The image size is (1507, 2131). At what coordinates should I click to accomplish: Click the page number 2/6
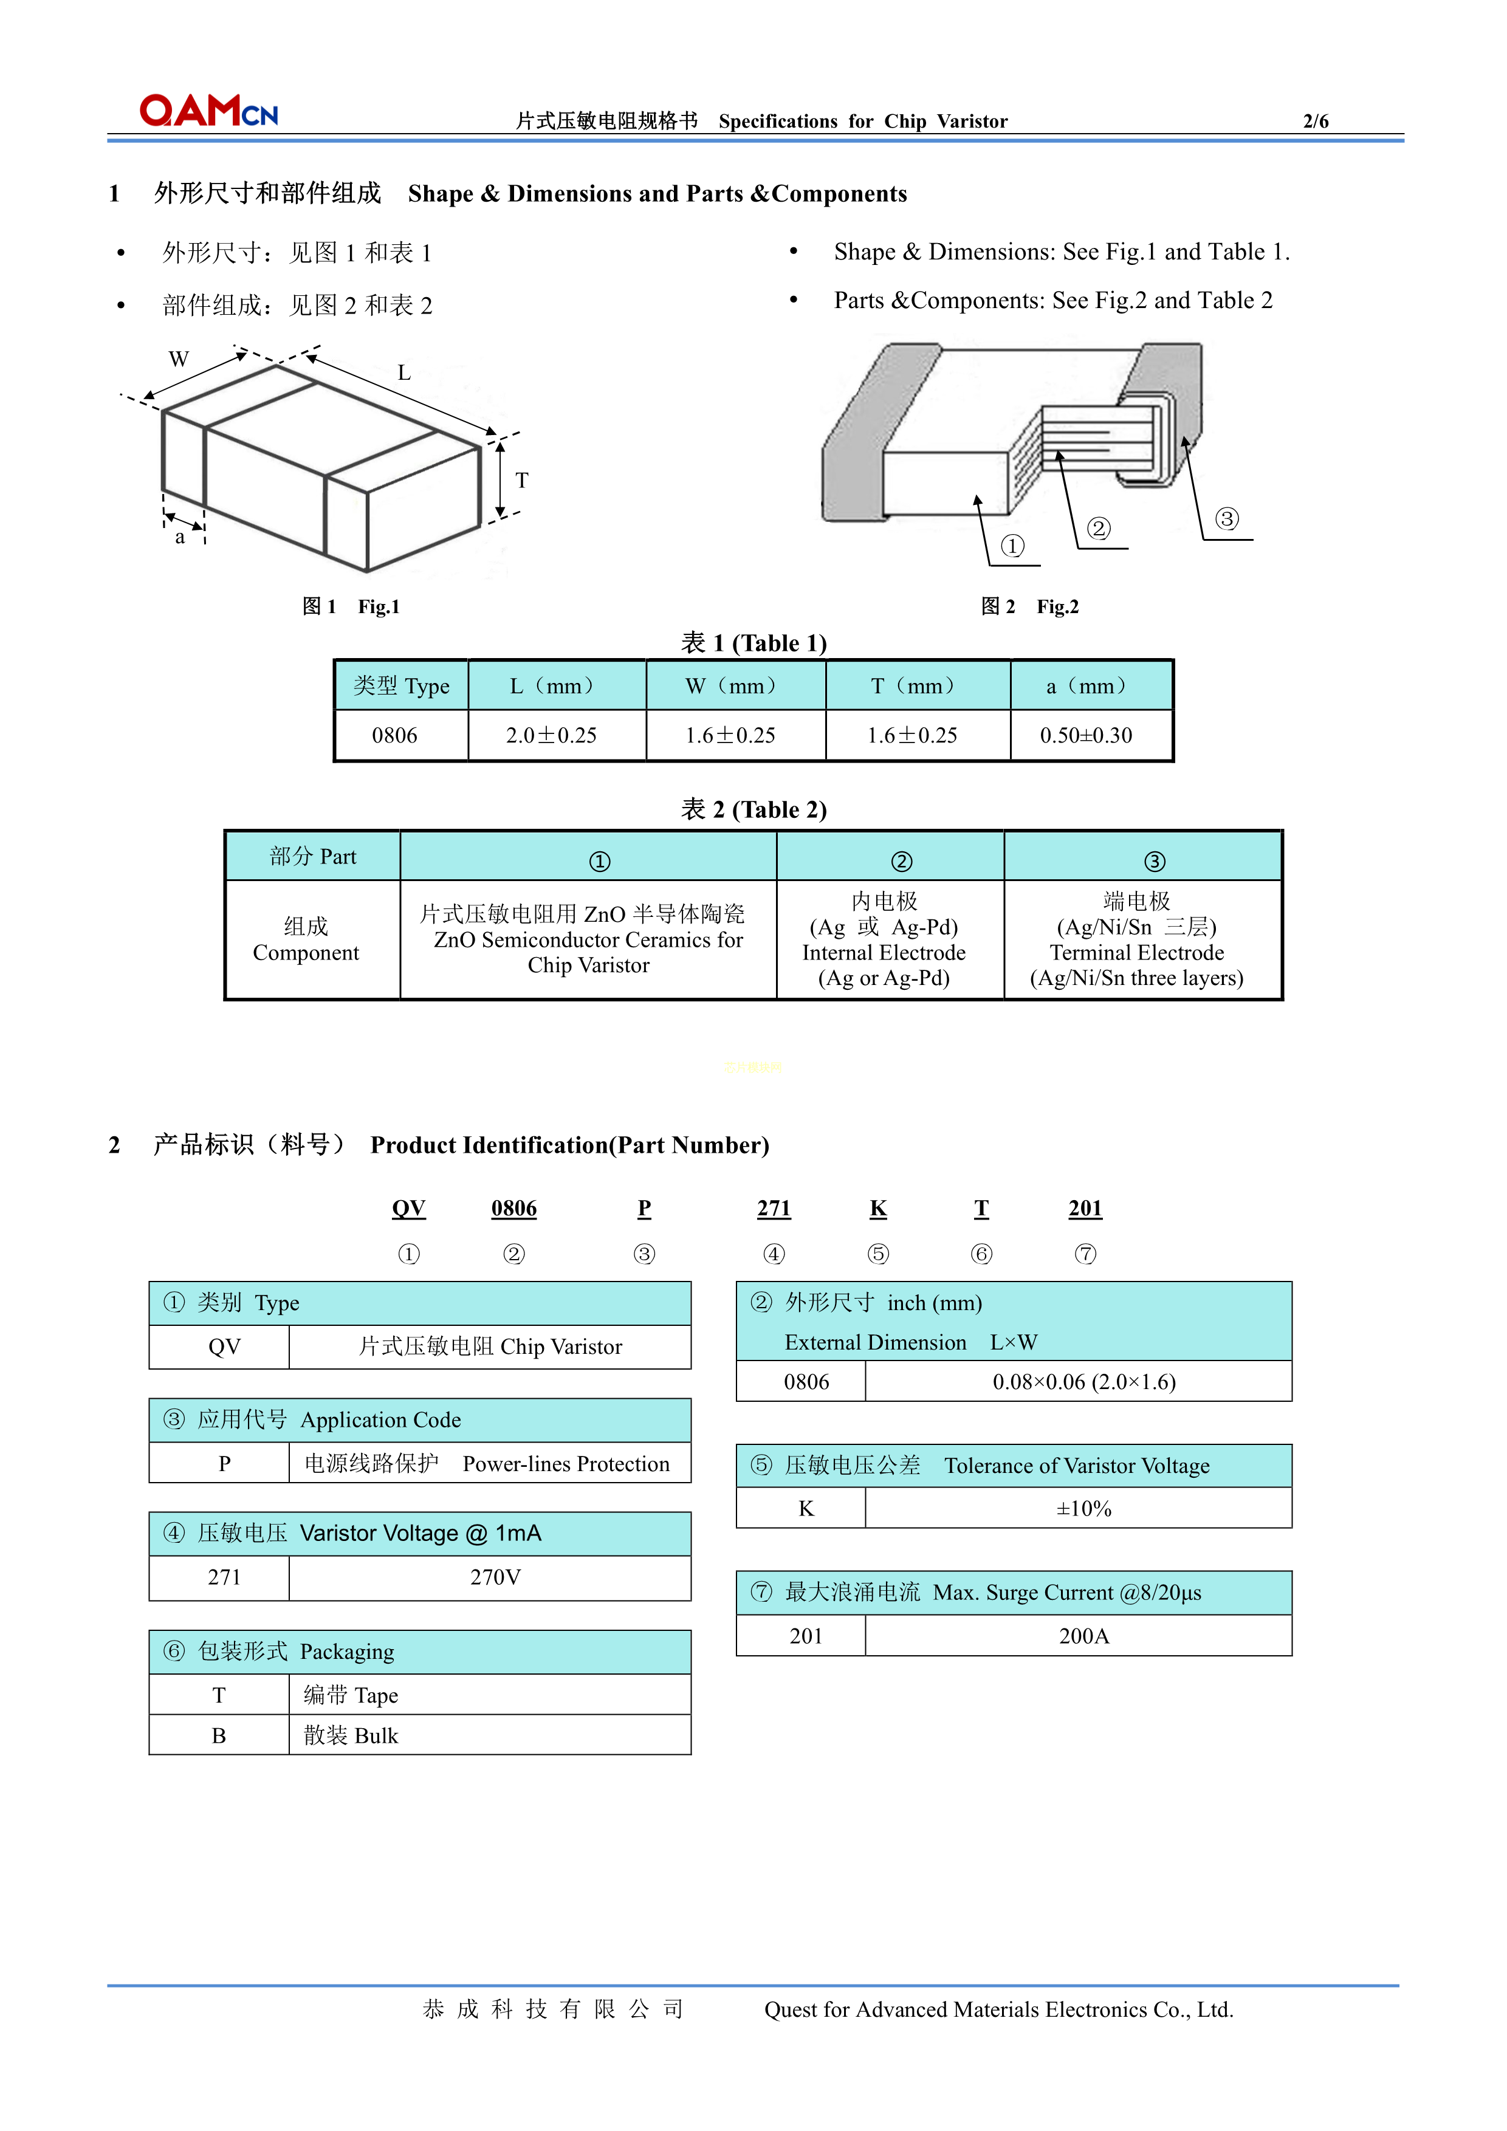point(1315,122)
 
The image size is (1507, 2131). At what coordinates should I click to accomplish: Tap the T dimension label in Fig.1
point(521,480)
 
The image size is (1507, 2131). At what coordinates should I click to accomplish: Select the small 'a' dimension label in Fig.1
point(180,537)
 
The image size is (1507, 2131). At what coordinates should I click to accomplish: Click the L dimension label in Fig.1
point(403,373)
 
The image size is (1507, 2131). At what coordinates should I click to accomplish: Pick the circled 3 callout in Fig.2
point(1227,519)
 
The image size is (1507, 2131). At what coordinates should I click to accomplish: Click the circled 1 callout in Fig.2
point(1012,546)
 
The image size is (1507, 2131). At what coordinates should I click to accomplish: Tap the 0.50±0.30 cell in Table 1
point(1086,736)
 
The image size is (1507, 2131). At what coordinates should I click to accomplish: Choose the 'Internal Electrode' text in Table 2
point(884,953)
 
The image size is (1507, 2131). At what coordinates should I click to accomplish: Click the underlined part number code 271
point(773,1209)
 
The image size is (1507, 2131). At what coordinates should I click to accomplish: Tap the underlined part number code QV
point(408,1209)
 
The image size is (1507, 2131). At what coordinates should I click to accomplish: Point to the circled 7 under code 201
point(1085,1255)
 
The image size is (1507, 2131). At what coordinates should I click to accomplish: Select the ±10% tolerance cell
point(1083,1509)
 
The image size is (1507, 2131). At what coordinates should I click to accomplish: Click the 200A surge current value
point(1083,1636)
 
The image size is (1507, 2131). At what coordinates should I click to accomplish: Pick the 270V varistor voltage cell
point(495,1578)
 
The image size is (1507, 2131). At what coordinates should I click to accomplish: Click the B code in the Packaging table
point(219,1735)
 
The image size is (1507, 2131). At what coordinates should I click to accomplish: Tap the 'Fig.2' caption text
point(1057,607)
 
